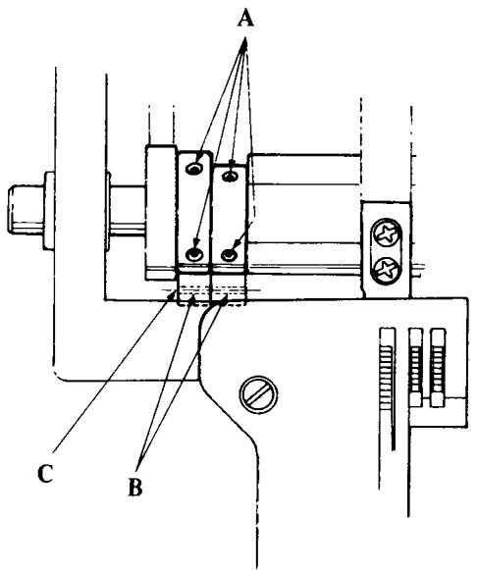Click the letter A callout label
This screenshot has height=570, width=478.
click(x=245, y=19)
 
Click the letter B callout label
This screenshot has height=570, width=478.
click(x=135, y=487)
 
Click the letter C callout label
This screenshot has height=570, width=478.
click(x=45, y=473)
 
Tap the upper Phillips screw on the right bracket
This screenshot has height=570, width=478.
click(x=386, y=233)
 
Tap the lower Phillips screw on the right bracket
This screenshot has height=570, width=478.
click(x=386, y=269)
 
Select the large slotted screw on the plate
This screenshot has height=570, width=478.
click(x=258, y=394)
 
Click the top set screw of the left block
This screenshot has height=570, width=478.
click(x=194, y=169)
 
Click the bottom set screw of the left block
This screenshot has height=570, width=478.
click(x=194, y=254)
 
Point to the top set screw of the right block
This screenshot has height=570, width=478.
click(x=230, y=177)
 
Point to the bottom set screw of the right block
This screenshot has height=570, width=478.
click(x=230, y=254)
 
